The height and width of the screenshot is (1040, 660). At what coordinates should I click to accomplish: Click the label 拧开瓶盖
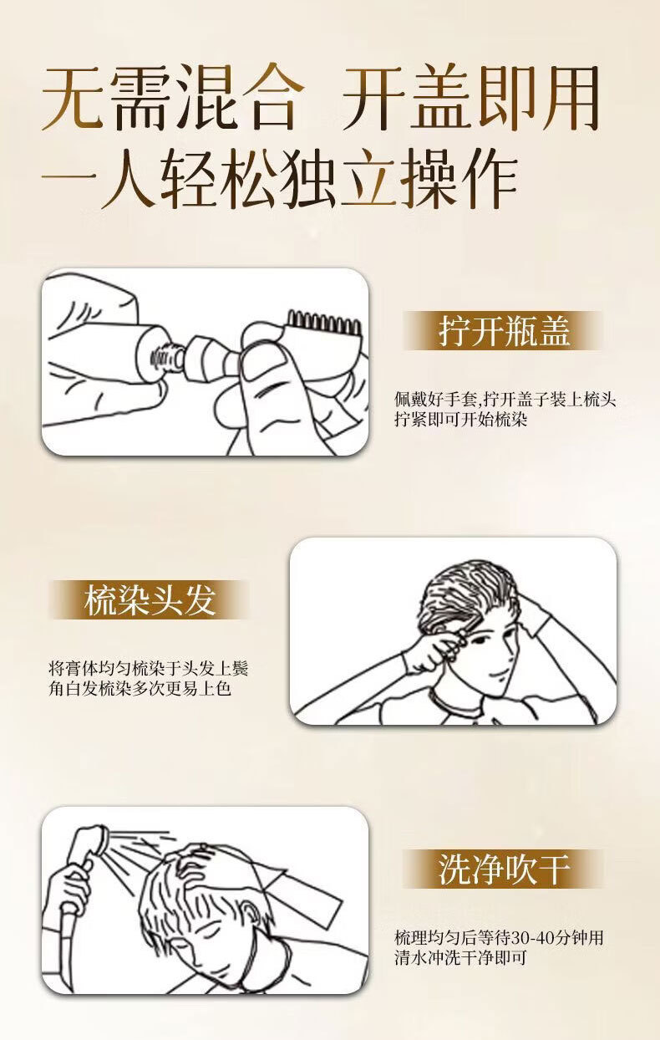tap(504, 331)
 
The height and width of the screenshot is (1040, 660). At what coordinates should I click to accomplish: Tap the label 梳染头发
tap(150, 600)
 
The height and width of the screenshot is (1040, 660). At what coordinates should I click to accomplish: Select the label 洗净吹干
tap(504, 869)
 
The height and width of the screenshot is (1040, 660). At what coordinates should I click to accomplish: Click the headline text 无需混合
tap(173, 99)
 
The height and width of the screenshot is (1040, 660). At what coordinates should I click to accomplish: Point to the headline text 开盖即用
tap(470, 99)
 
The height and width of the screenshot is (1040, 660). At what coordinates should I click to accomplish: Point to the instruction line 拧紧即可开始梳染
tap(461, 420)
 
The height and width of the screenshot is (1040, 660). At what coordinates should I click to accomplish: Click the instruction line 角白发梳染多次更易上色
tap(140, 688)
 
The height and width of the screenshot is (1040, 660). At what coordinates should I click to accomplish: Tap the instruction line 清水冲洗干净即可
tap(460, 957)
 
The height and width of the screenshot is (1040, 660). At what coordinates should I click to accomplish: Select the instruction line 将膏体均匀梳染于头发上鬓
tap(149, 669)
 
